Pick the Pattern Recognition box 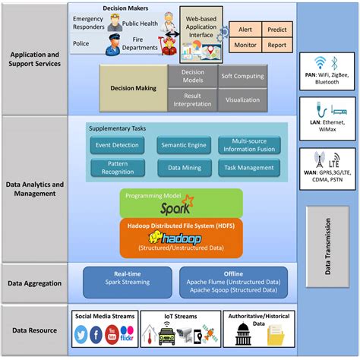(x=114, y=168)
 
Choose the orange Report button (x=276, y=46)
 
